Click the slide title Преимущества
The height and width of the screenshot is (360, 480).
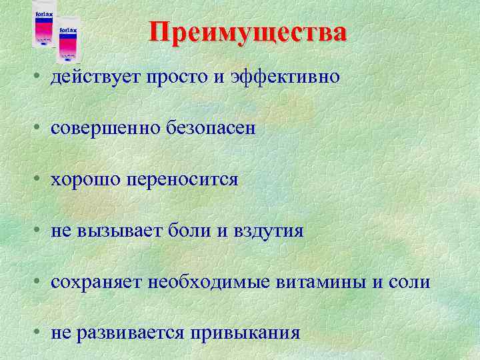(247, 33)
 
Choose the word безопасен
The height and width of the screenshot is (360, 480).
(211, 129)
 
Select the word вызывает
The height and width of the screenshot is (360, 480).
(117, 231)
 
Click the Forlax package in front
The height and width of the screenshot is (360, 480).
(67, 43)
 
